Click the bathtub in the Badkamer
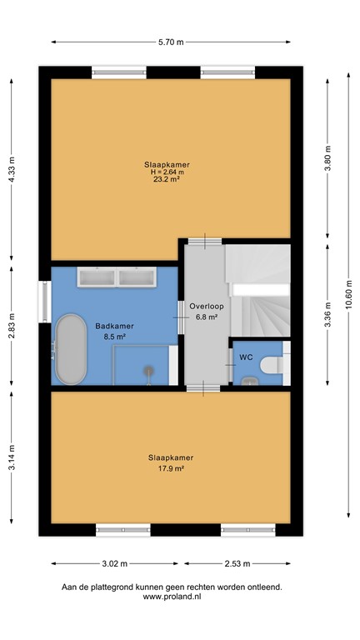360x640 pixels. (71, 348)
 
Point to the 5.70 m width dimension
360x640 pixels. (171, 41)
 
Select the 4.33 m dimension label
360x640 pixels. (12, 171)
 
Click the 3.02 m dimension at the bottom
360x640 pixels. (113, 562)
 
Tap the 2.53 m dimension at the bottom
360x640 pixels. (237, 562)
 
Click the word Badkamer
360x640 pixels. (110, 327)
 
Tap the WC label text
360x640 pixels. (245, 357)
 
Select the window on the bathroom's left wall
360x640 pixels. (42, 302)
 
